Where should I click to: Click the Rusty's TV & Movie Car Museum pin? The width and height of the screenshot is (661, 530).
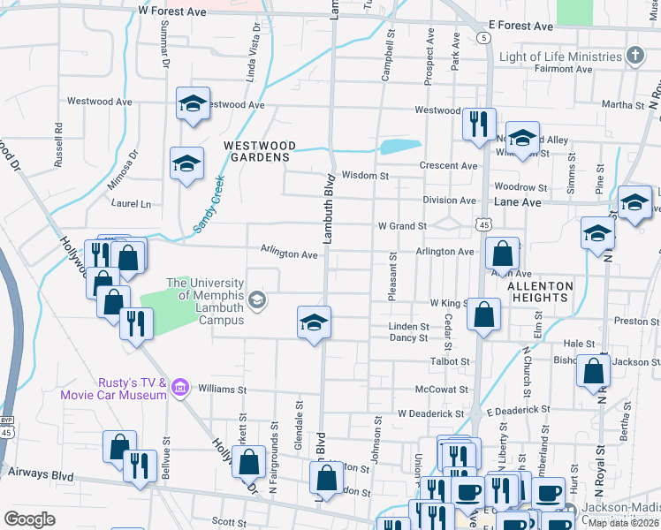pyautogui.click(x=180, y=386)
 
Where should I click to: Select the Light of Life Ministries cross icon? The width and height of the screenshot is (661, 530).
pyautogui.click(x=634, y=57)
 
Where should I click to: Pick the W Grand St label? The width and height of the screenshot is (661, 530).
pyautogui.click(x=402, y=226)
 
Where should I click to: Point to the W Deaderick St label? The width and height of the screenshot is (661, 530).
pyautogui.click(x=430, y=413)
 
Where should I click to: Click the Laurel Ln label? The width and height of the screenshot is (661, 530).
pyautogui.click(x=133, y=204)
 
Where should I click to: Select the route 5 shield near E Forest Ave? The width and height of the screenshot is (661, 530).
pyautogui.click(x=482, y=38)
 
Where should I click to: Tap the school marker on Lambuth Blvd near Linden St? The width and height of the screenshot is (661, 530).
pyautogui.click(x=314, y=323)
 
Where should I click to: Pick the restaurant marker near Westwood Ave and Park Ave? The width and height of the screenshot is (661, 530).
pyautogui.click(x=479, y=124)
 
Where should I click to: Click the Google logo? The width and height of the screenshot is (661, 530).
pyautogui.click(x=29, y=519)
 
